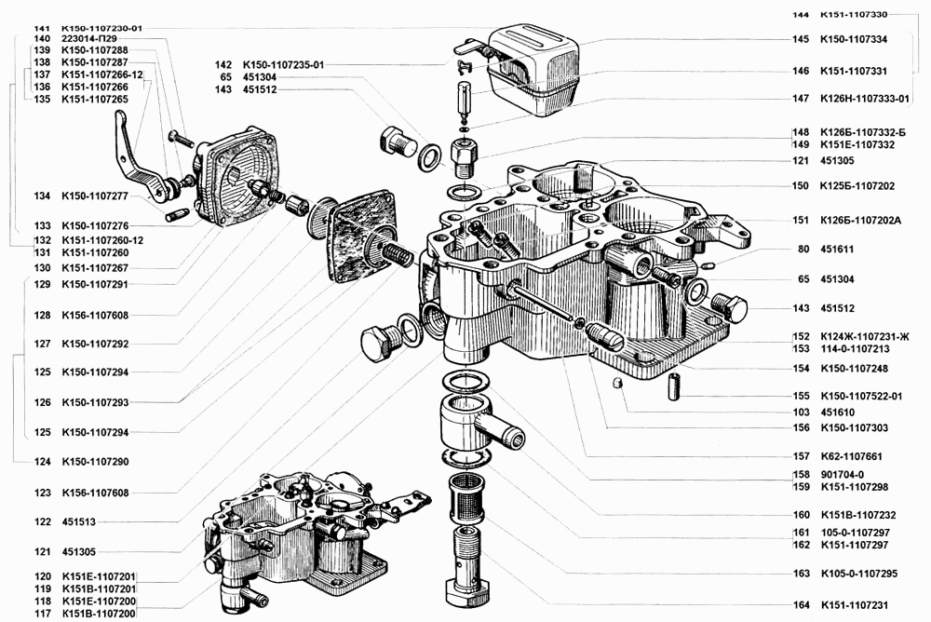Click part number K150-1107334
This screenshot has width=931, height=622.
coord(853,40)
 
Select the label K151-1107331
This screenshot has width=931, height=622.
coord(853,70)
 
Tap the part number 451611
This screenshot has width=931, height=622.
coord(838,250)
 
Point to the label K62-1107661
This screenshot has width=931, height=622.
coord(850,456)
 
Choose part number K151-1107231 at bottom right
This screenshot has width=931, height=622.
coord(853,604)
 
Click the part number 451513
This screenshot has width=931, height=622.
coord(79,522)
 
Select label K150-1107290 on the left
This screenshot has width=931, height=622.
coord(95,462)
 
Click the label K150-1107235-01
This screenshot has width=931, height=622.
coord(280,64)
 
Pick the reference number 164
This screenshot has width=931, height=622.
coord(800,604)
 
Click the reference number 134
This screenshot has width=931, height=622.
coord(42,196)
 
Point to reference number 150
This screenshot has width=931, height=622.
coord(800,186)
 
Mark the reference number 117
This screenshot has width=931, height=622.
coord(42,614)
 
